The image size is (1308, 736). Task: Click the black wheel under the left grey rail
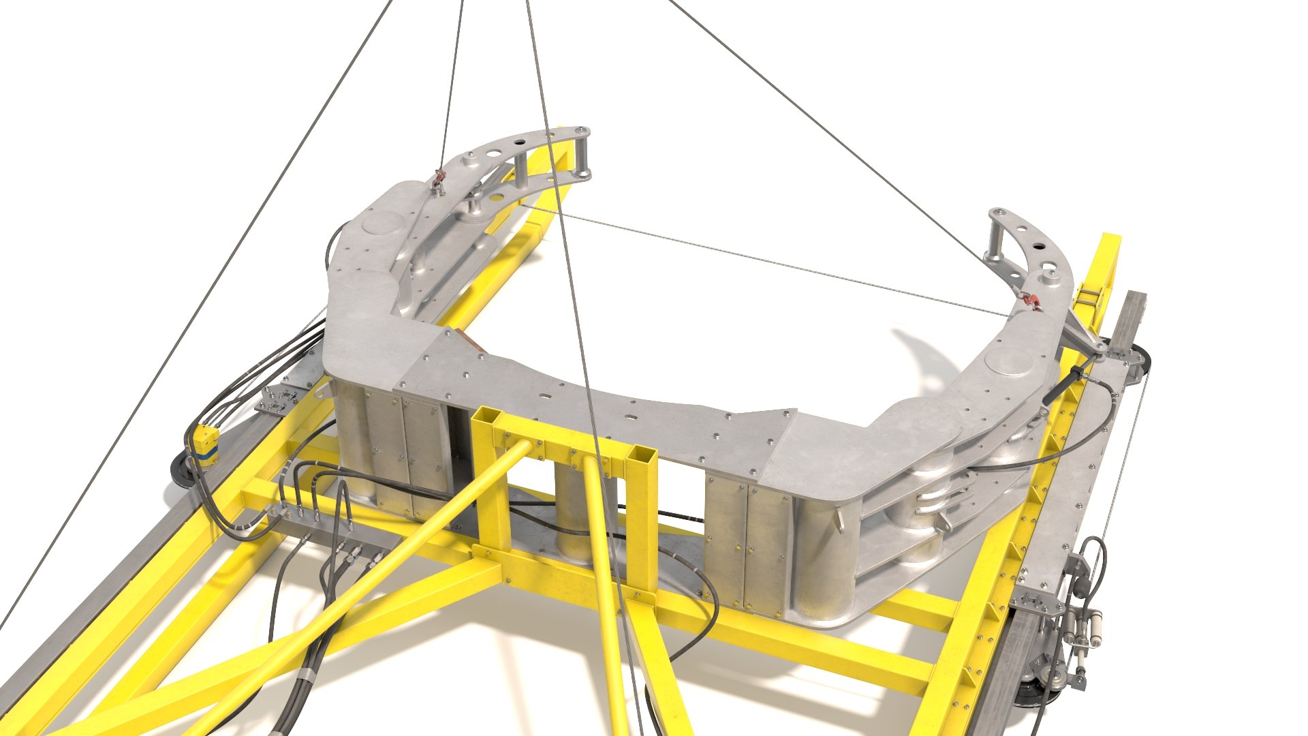tap(181, 470)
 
